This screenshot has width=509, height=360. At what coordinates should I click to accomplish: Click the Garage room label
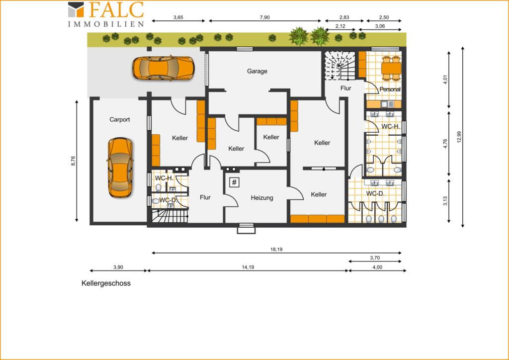pyautogui.click(x=257, y=71)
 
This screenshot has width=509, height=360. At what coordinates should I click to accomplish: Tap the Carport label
pyautogui.click(x=119, y=119)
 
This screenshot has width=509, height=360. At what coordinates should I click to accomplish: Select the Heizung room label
pyautogui.click(x=262, y=198)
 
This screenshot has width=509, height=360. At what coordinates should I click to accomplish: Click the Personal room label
pyautogui.click(x=390, y=90)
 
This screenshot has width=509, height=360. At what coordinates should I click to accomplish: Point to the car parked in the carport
pyautogui.click(x=120, y=168)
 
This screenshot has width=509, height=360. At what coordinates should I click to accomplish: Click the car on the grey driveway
pyautogui.click(x=163, y=68)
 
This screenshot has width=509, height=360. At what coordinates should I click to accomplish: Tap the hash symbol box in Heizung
pyautogui.click(x=235, y=182)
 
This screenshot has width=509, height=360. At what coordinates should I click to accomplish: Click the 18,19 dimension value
pyautogui.click(x=276, y=250)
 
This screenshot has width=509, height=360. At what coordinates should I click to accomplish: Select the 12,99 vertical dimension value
pyautogui.click(x=459, y=137)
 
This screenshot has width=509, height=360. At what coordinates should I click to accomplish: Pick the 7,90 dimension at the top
pyautogui.click(x=264, y=17)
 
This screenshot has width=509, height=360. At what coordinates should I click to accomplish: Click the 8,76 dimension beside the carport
pyautogui.click(x=73, y=161)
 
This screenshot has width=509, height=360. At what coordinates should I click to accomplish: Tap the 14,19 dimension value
pyautogui.click(x=248, y=268)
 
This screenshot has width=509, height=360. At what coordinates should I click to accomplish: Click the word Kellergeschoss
pyautogui.click(x=106, y=283)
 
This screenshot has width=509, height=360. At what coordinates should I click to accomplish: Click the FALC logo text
pyautogui.click(x=116, y=10)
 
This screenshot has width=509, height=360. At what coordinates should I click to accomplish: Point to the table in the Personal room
pyautogui.click(x=391, y=68)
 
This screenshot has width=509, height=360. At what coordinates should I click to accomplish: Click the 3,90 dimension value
pyautogui.click(x=118, y=268)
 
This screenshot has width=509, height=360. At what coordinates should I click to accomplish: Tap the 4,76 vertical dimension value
pyautogui.click(x=445, y=144)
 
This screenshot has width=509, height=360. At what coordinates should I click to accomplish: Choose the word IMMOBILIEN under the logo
pyautogui.click(x=106, y=24)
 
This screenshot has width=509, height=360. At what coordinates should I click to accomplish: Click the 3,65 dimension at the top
pyautogui.click(x=178, y=17)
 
